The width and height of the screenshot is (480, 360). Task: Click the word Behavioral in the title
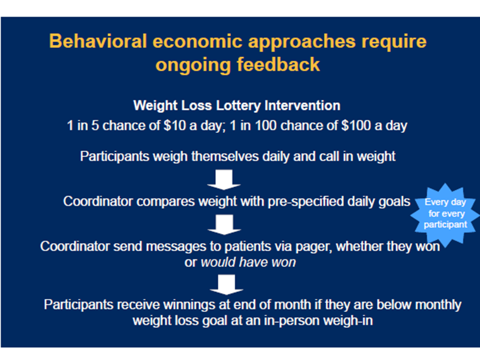point(98,41)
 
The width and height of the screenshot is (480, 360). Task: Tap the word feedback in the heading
point(278,64)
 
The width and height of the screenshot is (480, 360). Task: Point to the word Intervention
point(302,105)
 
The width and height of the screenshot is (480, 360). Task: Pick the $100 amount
point(356,125)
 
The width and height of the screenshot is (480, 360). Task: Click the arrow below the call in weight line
point(224,179)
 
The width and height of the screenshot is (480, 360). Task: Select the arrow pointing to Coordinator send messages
point(224,224)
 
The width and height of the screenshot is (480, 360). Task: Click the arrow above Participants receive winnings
point(226,284)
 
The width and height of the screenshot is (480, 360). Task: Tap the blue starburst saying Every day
point(445,215)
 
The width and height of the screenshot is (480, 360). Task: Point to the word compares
point(165,202)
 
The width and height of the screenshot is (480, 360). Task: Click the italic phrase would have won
point(248,262)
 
